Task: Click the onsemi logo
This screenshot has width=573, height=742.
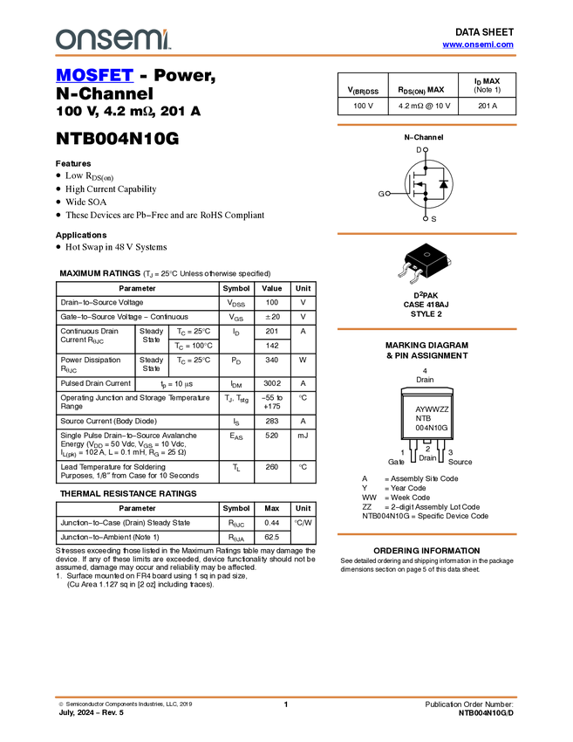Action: point(113,39)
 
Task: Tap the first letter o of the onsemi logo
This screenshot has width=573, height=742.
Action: point(63,40)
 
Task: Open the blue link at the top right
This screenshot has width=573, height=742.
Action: point(478,45)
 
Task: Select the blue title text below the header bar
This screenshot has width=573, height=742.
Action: point(94,76)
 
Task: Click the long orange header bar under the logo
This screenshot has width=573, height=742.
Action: point(286,56)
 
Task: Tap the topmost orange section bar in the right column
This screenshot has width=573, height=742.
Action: point(426,125)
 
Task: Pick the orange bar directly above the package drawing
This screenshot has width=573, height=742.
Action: point(426,234)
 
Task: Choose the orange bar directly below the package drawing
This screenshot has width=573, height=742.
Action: point(426,329)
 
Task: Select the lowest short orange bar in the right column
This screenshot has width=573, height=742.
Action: point(426,534)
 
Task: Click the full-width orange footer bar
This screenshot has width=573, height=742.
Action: point(286,697)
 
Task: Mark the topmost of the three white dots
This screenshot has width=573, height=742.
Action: point(426,149)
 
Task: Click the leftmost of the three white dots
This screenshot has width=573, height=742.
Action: point(387,193)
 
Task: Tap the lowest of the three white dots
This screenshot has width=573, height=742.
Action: point(426,218)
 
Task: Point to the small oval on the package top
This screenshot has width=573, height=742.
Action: point(426,255)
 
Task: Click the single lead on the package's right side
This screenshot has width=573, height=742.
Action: point(450,261)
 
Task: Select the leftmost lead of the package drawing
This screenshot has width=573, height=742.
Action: point(403,270)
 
